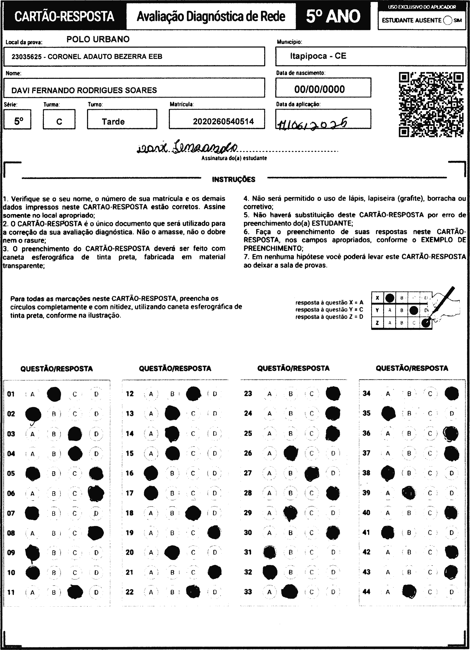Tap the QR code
point(431,104)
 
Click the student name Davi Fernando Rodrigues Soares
point(84,90)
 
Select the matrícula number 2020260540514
point(223,122)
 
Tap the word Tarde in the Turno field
point(113,122)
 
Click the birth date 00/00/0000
point(320,89)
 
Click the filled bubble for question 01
point(54,394)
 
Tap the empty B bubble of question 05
point(54,474)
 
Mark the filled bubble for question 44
point(409,592)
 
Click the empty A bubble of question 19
point(151,533)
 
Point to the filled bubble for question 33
point(290,592)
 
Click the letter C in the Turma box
point(59,122)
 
